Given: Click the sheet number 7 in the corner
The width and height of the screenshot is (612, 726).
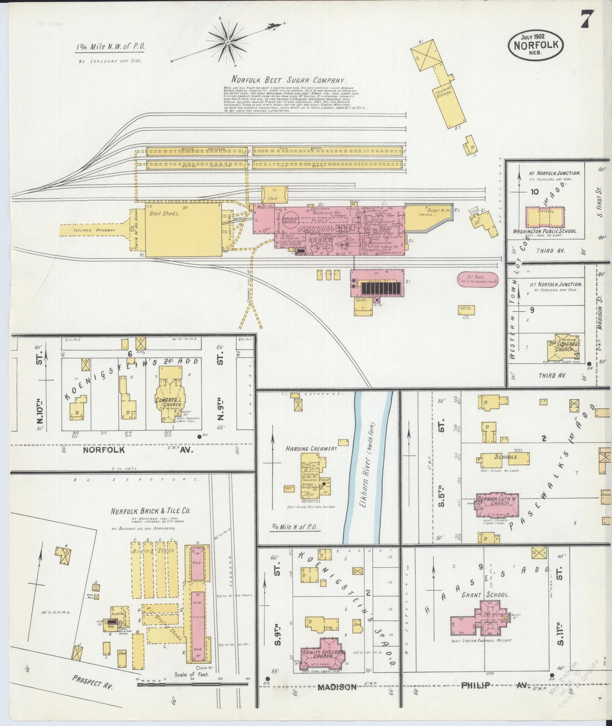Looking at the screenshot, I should (587, 19).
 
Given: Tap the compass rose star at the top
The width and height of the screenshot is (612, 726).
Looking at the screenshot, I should (228, 42).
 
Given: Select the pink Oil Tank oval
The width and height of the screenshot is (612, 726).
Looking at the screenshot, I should (477, 280).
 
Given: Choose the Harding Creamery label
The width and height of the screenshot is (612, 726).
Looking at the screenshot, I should (311, 449).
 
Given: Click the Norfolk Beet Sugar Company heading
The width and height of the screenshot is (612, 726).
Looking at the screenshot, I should (289, 80).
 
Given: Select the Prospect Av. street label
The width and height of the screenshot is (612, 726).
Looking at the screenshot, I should (93, 682).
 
